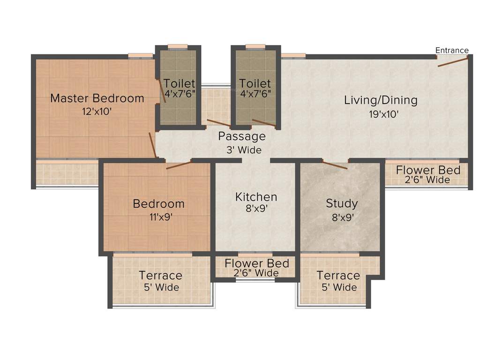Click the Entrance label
(x=451, y=51)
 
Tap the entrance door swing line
(x=453, y=61)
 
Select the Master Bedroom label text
(x=97, y=98)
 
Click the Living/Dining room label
(x=381, y=100)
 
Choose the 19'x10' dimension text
(x=381, y=114)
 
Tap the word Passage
(x=242, y=136)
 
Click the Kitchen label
(x=256, y=197)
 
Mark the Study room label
(x=342, y=203)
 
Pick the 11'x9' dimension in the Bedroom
(x=159, y=217)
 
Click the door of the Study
(x=335, y=165)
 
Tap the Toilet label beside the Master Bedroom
(x=179, y=84)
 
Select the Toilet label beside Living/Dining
(x=255, y=84)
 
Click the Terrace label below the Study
(x=338, y=276)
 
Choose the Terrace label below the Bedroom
(x=160, y=276)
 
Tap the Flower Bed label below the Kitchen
(x=257, y=263)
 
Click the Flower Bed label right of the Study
(x=428, y=170)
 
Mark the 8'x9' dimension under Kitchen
(x=256, y=209)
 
